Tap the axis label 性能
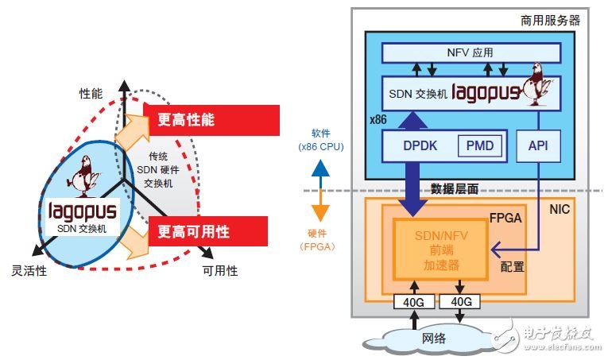pyautogui.click(x=91, y=93)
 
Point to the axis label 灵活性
pyautogui.click(x=29, y=270)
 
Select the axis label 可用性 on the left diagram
pyautogui.click(x=219, y=271)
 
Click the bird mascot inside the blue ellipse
pyautogui.click(x=83, y=176)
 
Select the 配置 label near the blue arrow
pyautogui.click(x=512, y=267)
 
